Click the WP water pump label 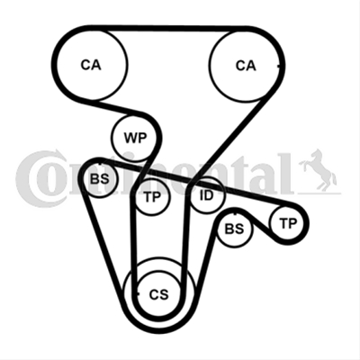(135, 138)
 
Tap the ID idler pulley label (206, 195)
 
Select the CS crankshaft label (159, 294)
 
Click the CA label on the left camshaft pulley (91, 65)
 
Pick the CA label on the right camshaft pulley (246, 66)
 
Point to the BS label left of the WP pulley (100, 179)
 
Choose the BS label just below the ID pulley (234, 229)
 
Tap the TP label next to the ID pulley (152, 197)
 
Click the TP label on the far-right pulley (288, 223)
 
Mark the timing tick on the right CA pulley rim (278, 66)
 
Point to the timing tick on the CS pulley (138, 294)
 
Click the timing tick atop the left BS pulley (100, 164)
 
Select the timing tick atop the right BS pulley (235, 214)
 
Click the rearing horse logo (318, 169)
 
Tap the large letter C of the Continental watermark (39, 179)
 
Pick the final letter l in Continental (286, 174)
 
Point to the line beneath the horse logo (319, 193)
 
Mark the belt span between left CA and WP (119, 108)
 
